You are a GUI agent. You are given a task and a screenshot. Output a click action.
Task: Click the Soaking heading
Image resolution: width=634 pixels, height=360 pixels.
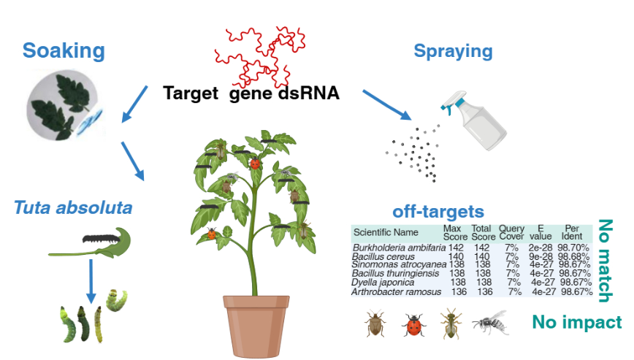pos(64,50)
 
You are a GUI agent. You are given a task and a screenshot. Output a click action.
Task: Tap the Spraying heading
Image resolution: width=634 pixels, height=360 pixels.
pos(453,51)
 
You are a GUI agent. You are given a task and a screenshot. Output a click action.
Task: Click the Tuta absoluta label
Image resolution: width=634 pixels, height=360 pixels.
pos(72,208)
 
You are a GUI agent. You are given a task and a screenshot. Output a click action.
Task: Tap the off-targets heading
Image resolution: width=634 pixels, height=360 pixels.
pos(438,212)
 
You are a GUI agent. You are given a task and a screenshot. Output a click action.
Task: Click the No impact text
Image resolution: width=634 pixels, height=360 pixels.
pos(576,322)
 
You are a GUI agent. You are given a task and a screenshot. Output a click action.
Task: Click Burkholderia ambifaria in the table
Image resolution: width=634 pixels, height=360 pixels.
pos(397,249)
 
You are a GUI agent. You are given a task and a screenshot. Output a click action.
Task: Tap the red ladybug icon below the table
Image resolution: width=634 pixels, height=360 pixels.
pos(413,324)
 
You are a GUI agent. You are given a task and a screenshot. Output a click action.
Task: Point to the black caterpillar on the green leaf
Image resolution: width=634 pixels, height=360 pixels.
pos(100,238)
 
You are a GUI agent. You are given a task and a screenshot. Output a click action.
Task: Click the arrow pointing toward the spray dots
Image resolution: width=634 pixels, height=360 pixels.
pos(386,104)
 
